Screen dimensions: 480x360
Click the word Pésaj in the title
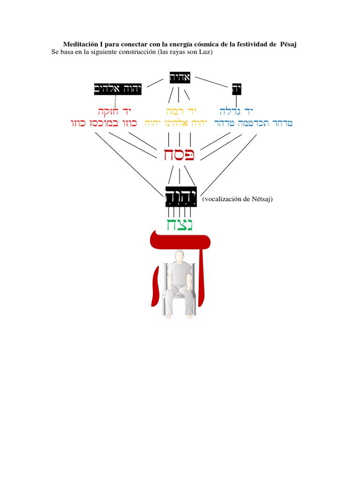click(x=288, y=44)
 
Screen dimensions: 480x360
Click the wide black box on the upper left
click(x=118, y=89)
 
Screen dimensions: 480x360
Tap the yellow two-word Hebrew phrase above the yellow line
click(x=180, y=112)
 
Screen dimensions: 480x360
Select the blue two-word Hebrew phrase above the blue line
click(x=236, y=112)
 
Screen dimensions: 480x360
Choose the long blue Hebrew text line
click(x=253, y=123)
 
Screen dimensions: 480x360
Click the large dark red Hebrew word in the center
click(x=180, y=155)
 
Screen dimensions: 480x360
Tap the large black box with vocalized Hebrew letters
click(x=181, y=196)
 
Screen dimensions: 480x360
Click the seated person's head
click(x=179, y=257)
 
